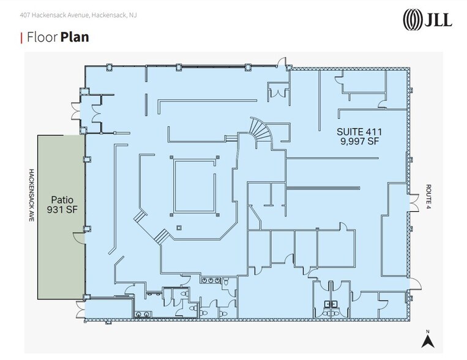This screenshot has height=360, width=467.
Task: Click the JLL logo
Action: click(x=427, y=20)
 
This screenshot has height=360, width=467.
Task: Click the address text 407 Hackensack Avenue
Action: click(x=54, y=15)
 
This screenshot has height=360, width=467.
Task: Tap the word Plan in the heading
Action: click(x=75, y=37)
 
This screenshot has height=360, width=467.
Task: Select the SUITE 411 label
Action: click(x=359, y=132)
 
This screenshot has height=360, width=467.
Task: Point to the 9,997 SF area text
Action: click(x=359, y=141)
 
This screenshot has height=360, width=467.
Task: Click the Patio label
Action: click(x=62, y=200)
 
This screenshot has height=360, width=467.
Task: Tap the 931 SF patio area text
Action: click(x=62, y=209)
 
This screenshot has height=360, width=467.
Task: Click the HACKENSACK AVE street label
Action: click(x=31, y=195)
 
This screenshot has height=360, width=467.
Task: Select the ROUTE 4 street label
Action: click(x=428, y=197)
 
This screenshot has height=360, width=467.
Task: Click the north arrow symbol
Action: click(x=428, y=342)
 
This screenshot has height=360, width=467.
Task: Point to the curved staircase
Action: click(x=260, y=130)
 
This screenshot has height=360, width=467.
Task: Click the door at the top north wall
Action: click(x=282, y=62)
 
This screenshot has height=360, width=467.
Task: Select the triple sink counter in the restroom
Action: click(x=211, y=280)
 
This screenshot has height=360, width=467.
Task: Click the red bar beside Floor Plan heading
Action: click(x=21, y=38)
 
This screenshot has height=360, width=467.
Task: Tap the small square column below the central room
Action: click(x=179, y=228)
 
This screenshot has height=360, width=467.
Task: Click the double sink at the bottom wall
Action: click(x=143, y=314)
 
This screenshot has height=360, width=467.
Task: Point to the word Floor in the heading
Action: click(x=42, y=37)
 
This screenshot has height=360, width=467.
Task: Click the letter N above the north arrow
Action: click(x=428, y=331)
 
